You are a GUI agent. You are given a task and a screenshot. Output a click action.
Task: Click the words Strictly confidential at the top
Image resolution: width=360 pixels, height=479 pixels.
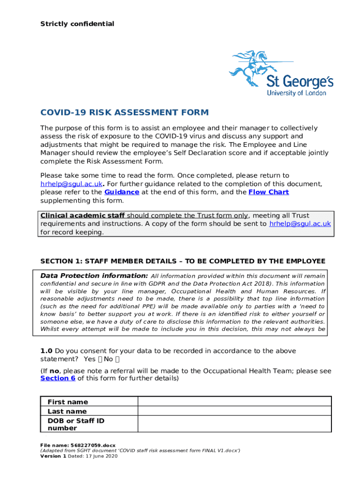tap(77, 24)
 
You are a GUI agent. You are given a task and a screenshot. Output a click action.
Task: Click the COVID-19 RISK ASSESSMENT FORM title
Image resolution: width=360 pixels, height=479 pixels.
tap(124, 113)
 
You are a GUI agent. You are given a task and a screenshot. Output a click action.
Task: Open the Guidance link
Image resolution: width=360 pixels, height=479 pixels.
tap(122, 192)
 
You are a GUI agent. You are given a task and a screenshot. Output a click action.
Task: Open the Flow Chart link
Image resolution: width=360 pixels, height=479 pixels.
tap(268, 192)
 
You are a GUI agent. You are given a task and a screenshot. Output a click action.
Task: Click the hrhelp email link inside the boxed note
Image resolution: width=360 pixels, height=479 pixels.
tap(300, 224)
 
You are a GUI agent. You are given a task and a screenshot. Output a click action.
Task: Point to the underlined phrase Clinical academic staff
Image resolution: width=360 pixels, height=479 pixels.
tap(83, 216)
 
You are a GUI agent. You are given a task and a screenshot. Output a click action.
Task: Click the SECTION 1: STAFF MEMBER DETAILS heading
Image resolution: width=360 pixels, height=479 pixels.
tap(182, 261)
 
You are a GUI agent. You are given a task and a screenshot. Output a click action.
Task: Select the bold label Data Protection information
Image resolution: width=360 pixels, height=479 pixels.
tap(94, 276)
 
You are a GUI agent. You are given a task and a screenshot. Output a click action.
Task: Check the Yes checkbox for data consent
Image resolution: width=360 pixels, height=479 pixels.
tap(101, 359)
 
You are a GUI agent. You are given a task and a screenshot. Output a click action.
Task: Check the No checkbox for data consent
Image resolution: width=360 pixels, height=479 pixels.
tap(117, 359)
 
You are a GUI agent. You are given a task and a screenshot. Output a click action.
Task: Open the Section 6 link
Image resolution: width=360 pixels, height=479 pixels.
tap(58, 378)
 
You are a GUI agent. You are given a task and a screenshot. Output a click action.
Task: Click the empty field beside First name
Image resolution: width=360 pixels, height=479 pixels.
tap(234, 402)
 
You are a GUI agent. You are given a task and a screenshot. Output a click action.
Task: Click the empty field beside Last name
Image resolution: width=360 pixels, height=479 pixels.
tap(234, 411)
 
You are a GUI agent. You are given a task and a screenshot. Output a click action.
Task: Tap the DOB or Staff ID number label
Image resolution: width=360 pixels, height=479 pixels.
tap(76, 424)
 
